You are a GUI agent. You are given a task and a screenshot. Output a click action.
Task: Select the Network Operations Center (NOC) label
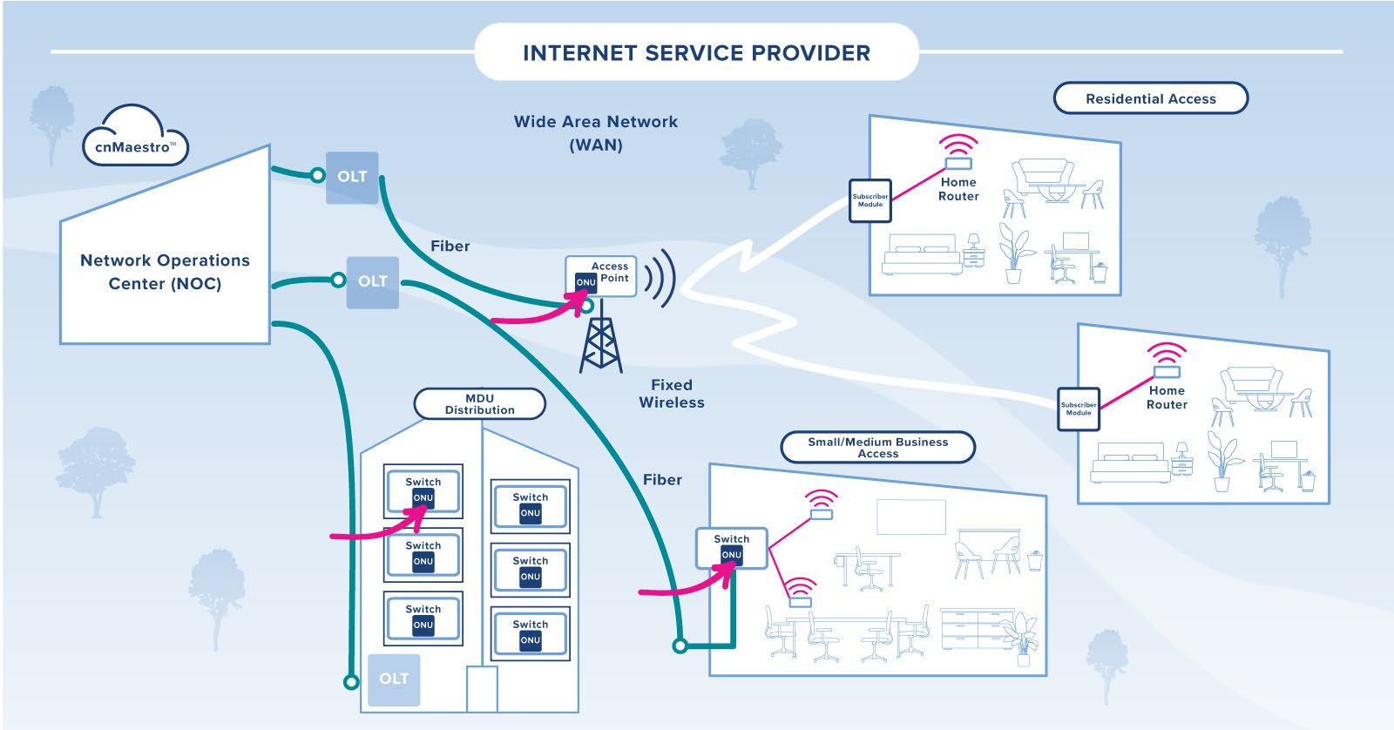(165, 272)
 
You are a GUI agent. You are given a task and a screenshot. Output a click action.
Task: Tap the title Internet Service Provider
(696, 53)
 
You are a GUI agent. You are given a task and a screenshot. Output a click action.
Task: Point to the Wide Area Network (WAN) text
(596, 133)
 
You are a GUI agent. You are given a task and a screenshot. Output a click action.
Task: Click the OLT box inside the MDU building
(394, 679)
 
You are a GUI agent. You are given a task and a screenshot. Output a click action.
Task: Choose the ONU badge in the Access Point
(585, 282)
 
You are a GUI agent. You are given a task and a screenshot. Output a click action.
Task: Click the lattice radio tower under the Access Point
(601, 340)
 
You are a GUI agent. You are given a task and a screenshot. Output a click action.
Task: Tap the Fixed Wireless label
(672, 394)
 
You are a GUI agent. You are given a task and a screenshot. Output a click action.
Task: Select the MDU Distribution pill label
(479, 404)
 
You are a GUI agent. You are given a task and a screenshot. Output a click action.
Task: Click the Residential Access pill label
(1150, 98)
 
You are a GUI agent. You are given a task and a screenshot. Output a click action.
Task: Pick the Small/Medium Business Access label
(877, 448)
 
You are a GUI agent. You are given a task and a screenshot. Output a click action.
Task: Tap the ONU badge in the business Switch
(731, 555)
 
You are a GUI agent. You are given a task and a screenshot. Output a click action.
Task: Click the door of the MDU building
(482, 689)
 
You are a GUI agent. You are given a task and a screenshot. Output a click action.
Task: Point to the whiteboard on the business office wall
(911, 517)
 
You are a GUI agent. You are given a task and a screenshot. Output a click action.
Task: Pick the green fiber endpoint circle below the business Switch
(680, 646)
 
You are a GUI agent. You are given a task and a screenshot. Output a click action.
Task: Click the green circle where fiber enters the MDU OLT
(351, 681)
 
